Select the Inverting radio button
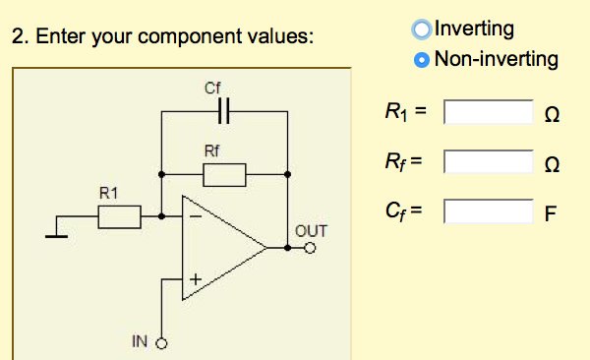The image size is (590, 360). pyautogui.click(x=423, y=29)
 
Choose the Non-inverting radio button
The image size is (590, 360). pyautogui.click(x=423, y=59)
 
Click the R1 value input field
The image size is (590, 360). pyautogui.click(x=488, y=111)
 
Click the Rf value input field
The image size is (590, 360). pyautogui.click(x=488, y=161)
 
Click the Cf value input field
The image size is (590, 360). pyautogui.click(x=488, y=210)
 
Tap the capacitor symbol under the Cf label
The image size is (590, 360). pyautogui.click(x=224, y=112)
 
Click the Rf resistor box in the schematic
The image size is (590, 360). pyautogui.click(x=224, y=175)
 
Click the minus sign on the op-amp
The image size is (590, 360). pyautogui.click(x=195, y=214)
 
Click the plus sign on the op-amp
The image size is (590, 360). pyautogui.click(x=195, y=281)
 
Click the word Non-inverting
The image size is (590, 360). pyautogui.click(x=496, y=59)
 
